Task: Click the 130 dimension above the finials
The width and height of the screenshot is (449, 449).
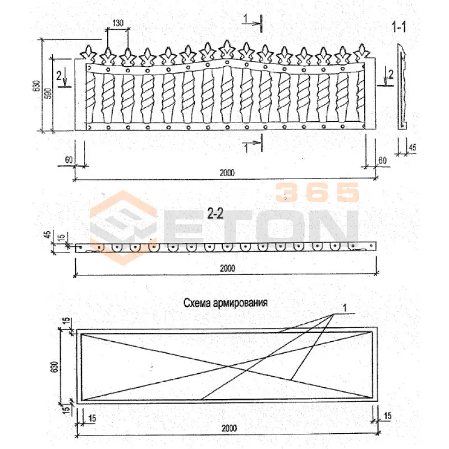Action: coord(118,23)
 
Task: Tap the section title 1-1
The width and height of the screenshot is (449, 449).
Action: coord(398,27)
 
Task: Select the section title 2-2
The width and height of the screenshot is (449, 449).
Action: coord(215,213)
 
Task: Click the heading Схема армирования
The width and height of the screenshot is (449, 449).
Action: coord(226,303)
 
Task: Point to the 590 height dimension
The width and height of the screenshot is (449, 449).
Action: coord(49,94)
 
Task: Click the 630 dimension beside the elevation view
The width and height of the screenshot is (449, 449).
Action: coord(36,86)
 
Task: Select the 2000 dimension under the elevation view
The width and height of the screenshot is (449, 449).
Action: coord(227,173)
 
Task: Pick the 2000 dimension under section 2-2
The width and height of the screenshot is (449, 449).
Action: coord(227,268)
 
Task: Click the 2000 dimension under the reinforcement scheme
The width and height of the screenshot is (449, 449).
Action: coord(229,428)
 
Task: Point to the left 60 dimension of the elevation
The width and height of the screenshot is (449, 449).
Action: coord(68,159)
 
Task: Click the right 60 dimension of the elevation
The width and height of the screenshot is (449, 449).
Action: coord(383,161)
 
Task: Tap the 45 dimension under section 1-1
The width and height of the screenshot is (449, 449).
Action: coord(413,148)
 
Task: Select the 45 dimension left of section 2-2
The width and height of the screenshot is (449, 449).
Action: coord(48,234)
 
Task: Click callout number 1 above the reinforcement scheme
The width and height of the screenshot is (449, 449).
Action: coord(345,308)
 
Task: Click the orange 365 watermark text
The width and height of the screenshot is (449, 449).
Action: coord(317,192)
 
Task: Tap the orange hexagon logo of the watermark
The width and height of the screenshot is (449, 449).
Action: coord(123,228)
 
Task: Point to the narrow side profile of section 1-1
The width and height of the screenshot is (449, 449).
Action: coord(402,86)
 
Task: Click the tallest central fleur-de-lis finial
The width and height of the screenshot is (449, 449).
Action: coord(227,49)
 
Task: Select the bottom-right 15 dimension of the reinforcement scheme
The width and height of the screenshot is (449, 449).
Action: coord(387,416)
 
